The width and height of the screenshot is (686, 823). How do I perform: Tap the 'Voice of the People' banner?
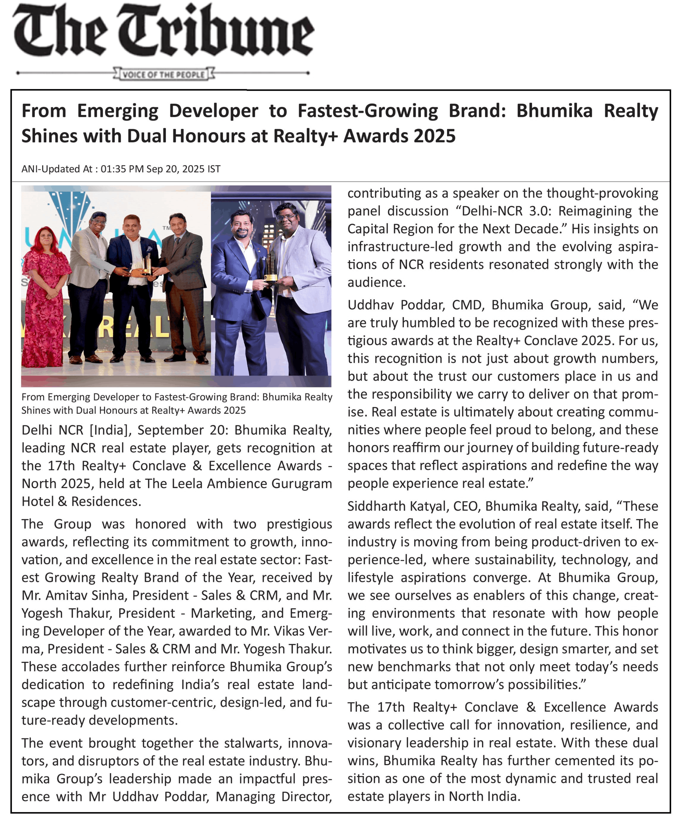pos(164,74)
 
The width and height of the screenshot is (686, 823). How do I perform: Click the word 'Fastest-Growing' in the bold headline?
pos(367,111)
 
